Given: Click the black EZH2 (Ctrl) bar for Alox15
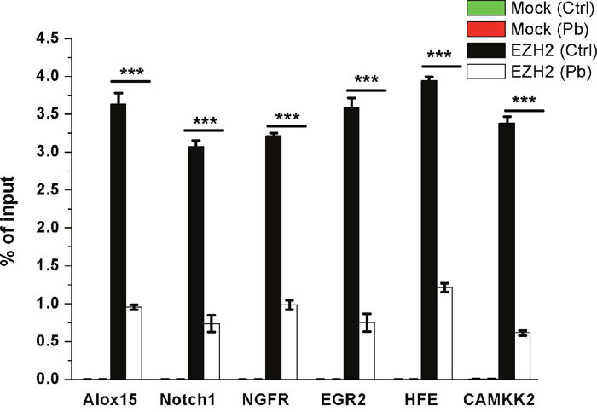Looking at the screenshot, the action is (x=118, y=241).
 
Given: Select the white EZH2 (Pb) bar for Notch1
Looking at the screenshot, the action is (x=212, y=351).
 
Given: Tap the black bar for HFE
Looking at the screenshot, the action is (x=429, y=230).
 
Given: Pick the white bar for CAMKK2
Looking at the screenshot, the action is (x=522, y=356).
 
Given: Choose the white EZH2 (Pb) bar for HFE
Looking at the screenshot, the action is (x=444, y=334).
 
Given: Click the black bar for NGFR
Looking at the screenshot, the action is (x=274, y=258).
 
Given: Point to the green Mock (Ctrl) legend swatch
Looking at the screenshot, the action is (x=486, y=8).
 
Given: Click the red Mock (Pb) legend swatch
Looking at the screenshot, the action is (x=486, y=29).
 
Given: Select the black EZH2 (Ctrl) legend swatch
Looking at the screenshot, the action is (x=486, y=50).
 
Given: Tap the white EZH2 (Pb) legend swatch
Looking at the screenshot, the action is (x=486, y=72).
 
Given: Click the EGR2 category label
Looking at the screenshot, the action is (x=344, y=400).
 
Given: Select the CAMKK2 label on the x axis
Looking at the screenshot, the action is (x=499, y=400).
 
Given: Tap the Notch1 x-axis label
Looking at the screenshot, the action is (x=188, y=400).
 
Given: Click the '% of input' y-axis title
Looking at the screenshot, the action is (x=9, y=221).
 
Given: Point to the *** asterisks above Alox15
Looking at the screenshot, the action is (x=131, y=73).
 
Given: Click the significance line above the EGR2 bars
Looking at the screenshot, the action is (x=366, y=90).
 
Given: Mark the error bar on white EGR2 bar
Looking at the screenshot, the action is (x=367, y=322).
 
